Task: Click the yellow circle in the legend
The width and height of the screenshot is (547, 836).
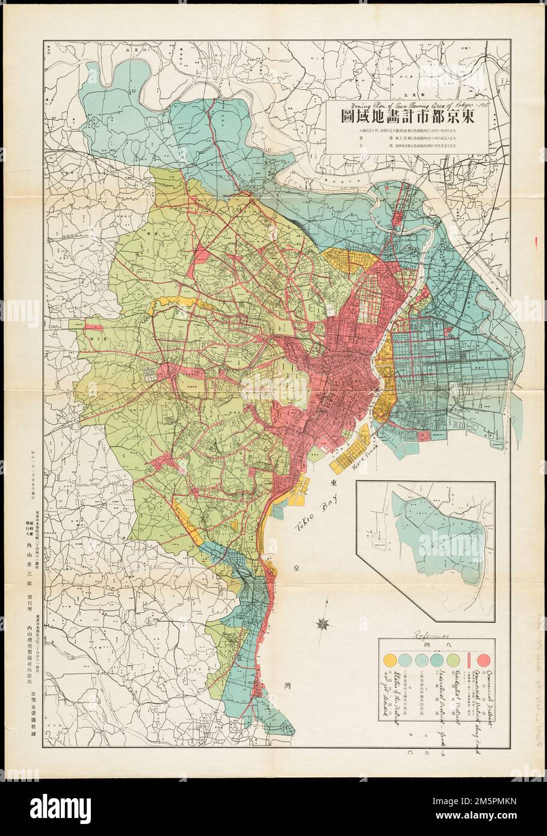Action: tap(391, 665)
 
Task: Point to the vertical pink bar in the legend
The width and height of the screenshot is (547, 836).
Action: tap(469, 665)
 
